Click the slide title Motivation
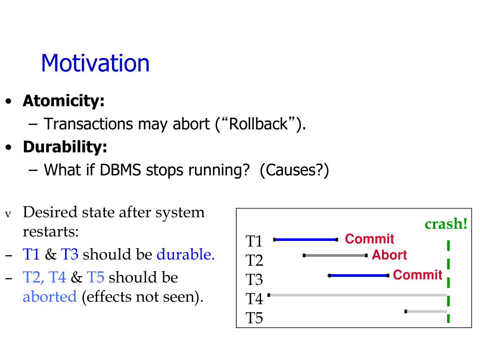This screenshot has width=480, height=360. (95, 63)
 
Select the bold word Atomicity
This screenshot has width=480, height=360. (64, 101)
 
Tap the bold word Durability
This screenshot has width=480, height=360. (65, 147)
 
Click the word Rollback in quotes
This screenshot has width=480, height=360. (258, 124)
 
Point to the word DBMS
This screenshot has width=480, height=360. (120, 170)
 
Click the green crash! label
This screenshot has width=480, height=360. (446, 224)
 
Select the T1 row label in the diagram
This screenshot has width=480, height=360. (254, 241)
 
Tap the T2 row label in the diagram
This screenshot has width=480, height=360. (255, 261)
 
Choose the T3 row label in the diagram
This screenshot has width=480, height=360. (254, 280)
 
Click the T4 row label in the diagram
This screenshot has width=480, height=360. (254, 299)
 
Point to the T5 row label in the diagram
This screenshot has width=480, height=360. (254, 318)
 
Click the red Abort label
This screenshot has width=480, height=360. (390, 255)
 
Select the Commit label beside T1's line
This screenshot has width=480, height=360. (369, 239)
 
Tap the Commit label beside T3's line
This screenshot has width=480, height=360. (418, 275)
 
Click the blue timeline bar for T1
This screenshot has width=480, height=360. (306, 240)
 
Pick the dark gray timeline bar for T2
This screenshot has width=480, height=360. (335, 255)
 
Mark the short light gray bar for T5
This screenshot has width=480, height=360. (426, 312)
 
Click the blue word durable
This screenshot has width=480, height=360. (186, 255)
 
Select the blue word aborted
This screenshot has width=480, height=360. (50, 297)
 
